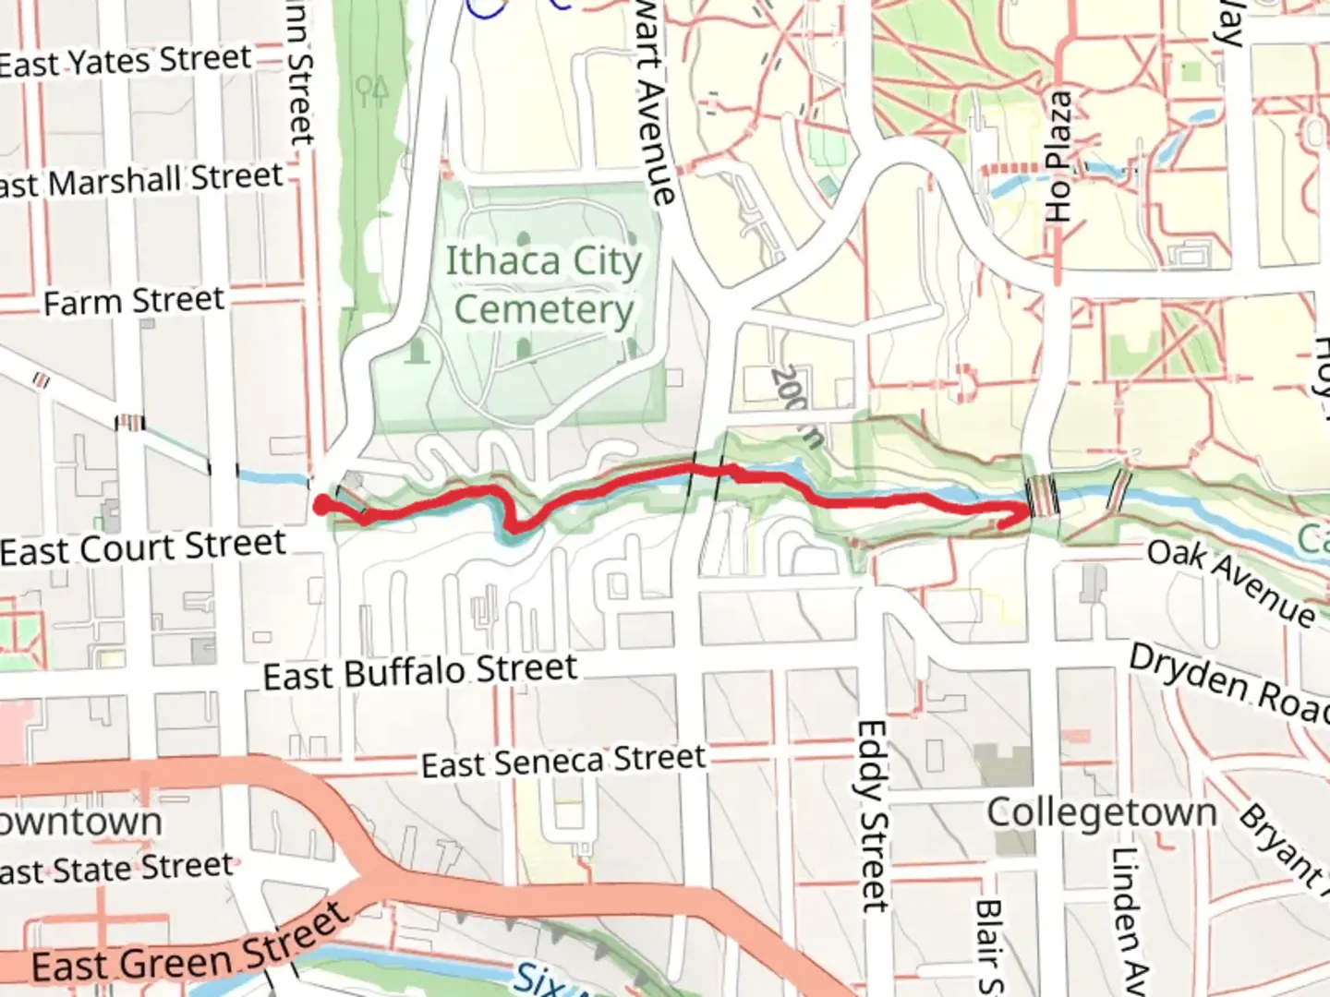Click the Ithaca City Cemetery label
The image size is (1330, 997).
tap(543, 285)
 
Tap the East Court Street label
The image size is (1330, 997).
tap(143, 547)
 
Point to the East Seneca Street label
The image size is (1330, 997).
tap(563, 762)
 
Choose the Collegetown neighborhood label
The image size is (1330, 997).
tap(1102, 813)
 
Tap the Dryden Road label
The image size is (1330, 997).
tap(1228, 683)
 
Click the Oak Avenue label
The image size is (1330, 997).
tap(1231, 582)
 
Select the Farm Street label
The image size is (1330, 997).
tap(134, 301)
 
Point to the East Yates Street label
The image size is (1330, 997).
tap(126, 62)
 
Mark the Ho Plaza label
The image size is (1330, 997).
tap(1059, 157)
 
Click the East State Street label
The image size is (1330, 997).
tap(115, 869)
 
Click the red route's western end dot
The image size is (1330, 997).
tap(321, 504)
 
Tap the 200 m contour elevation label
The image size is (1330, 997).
tap(795, 405)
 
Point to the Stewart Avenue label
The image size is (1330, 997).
tap(655, 102)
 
